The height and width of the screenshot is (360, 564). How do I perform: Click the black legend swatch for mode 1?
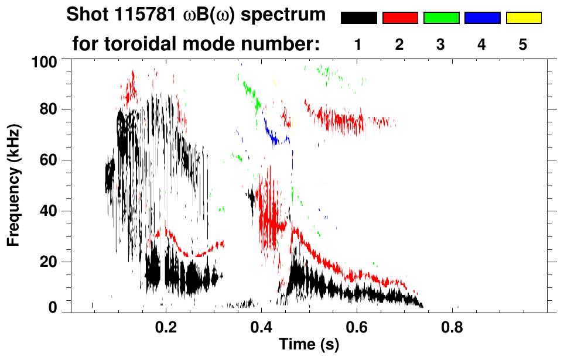point(359,18)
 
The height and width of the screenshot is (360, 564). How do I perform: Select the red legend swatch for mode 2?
point(400,18)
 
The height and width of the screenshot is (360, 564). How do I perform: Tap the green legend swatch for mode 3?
point(441,18)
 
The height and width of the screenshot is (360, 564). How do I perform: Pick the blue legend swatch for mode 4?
point(482,18)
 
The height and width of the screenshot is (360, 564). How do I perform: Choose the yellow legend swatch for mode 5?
point(523,18)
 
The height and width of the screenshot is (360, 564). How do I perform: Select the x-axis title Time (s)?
point(308,344)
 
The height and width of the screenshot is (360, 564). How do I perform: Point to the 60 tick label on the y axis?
point(48,160)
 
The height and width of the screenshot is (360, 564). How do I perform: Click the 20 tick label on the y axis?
point(48,262)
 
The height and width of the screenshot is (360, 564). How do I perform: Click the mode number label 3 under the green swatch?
point(441,44)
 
